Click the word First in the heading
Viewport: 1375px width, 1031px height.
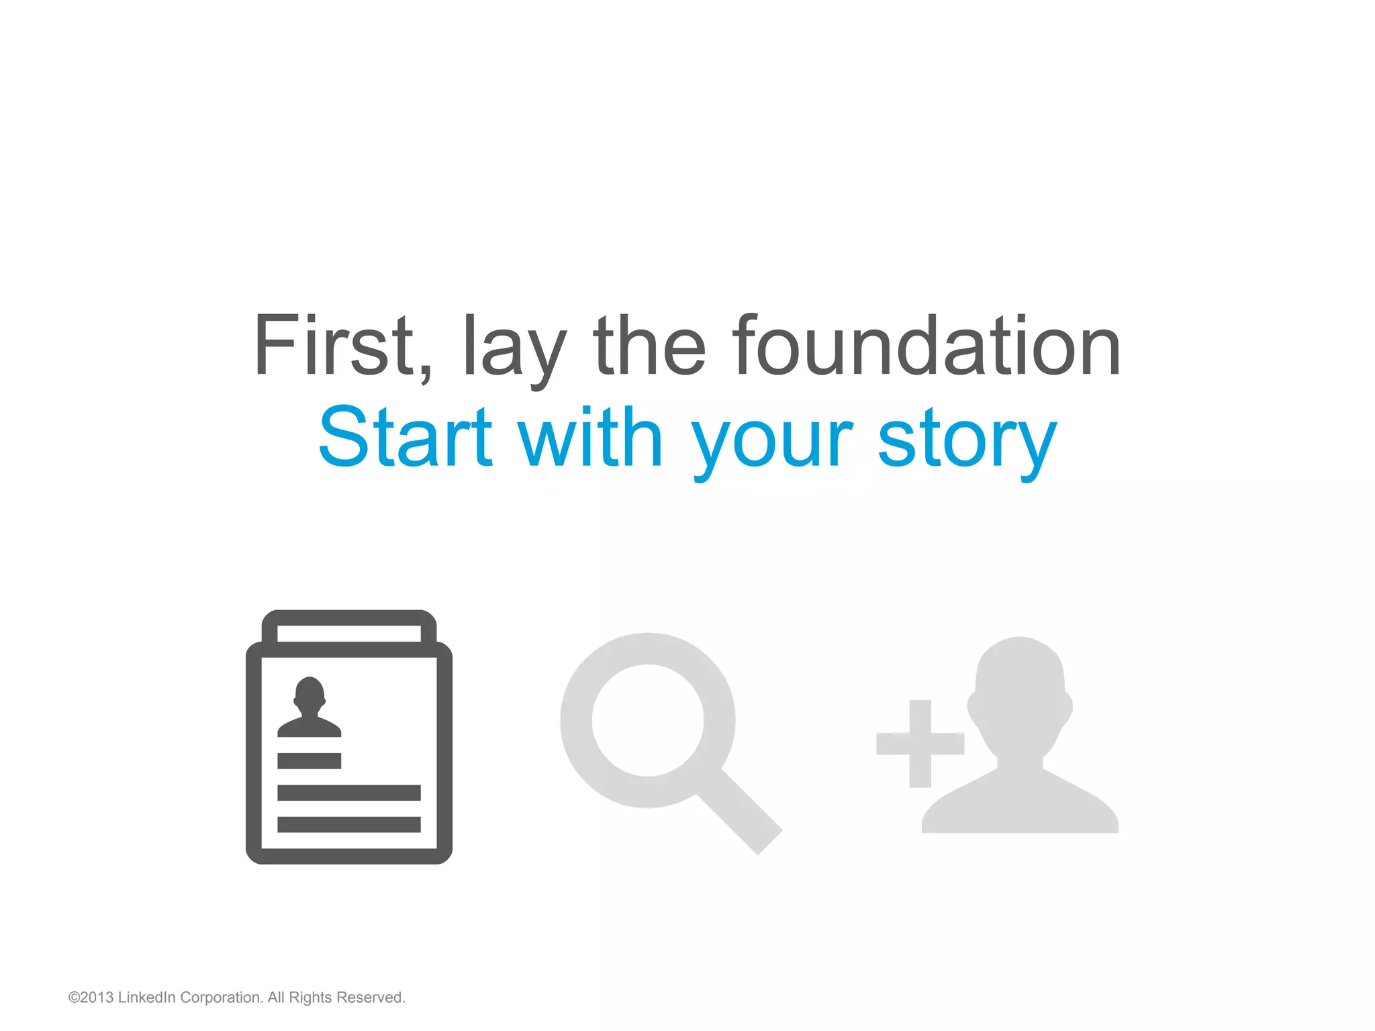coord(334,346)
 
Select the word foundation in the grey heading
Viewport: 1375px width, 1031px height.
coord(927,346)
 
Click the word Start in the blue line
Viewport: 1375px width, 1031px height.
coord(405,438)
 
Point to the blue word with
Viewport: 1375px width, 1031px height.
coord(591,438)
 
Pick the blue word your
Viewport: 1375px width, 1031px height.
coord(772,443)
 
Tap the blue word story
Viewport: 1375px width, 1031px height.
coord(967,443)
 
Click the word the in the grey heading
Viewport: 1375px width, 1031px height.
coord(649,346)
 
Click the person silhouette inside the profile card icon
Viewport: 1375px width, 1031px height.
coord(310,708)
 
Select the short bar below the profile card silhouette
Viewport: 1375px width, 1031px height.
coord(309,760)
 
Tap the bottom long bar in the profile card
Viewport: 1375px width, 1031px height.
coord(349,824)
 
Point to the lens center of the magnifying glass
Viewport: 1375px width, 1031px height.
coord(648,720)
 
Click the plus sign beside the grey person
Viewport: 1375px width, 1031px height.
coord(920,743)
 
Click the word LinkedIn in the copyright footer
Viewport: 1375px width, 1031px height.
coord(146,997)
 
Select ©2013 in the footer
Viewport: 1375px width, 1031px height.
coord(91,997)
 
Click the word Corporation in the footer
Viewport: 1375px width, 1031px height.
coord(221,997)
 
